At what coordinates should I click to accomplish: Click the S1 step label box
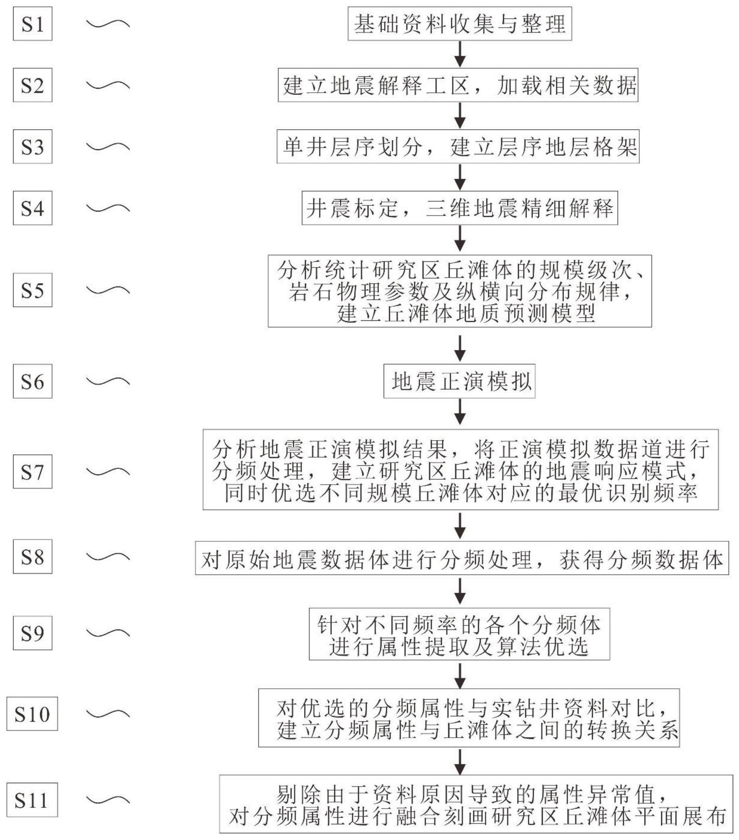click(x=32, y=24)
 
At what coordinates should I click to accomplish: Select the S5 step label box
click(x=32, y=290)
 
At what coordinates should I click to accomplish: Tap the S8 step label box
click(x=32, y=556)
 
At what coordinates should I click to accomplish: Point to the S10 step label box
click(x=32, y=714)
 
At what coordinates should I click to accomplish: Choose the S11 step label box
click(x=32, y=800)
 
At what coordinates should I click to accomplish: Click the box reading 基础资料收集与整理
click(x=459, y=24)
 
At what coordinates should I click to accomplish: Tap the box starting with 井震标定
click(x=459, y=208)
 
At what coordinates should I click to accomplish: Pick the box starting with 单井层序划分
click(x=458, y=147)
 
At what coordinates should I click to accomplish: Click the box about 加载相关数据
click(x=458, y=85)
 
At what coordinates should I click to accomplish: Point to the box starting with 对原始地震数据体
click(x=461, y=558)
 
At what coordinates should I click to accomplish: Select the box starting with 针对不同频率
click(x=459, y=634)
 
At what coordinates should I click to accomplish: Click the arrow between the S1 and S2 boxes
click(x=460, y=54)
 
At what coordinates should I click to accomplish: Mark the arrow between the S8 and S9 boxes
click(x=460, y=590)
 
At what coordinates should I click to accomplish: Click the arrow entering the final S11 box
click(x=460, y=762)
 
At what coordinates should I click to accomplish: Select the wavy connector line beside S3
click(x=108, y=146)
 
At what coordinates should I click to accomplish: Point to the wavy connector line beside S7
click(x=108, y=472)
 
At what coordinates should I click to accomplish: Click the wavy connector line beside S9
click(x=108, y=633)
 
